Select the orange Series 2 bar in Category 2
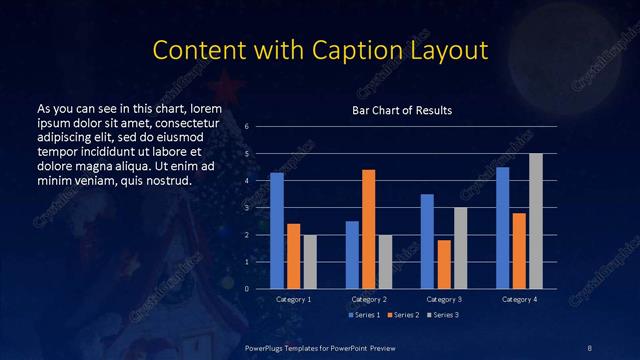pyautogui.click(x=368, y=229)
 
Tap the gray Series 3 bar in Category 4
pyautogui.click(x=536, y=221)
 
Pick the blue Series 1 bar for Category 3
pyautogui.click(x=427, y=241)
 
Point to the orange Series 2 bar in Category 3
pyautogui.click(x=444, y=264)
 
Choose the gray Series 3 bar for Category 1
pyautogui.click(x=310, y=262)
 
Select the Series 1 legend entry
pyautogui.click(x=363, y=315)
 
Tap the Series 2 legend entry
pyautogui.click(x=401, y=315)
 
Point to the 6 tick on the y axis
pyautogui.click(x=261, y=127)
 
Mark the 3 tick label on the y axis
pyautogui.click(x=261, y=208)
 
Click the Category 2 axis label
pyautogui.click(x=369, y=299)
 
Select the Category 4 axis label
pyautogui.click(x=519, y=299)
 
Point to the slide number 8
pyautogui.click(x=590, y=347)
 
